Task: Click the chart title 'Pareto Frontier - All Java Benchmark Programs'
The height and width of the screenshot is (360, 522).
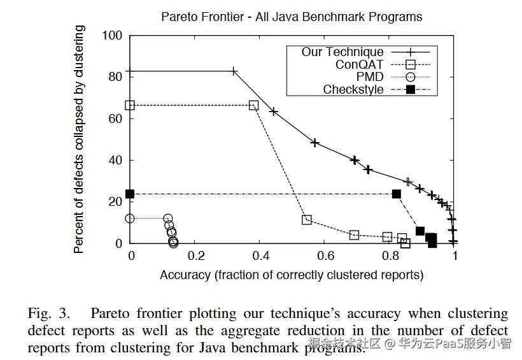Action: tap(291, 16)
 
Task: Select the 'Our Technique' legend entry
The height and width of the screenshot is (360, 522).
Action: tap(342, 52)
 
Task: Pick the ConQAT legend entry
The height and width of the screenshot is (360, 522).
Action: tap(359, 64)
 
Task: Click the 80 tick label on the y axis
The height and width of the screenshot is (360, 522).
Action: tap(115, 76)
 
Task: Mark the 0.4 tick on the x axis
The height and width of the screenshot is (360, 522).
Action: tap(261, 256)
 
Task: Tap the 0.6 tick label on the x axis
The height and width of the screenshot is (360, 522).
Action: tap(326, 256)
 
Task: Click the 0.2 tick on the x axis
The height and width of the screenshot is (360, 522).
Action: tap(196, 256)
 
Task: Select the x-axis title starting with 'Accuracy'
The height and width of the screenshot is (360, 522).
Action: tap(292, 275)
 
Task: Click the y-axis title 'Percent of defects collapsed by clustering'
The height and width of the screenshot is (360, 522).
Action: tap(79, 139)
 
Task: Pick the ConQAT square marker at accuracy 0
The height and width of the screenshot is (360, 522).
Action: tap(130, 105)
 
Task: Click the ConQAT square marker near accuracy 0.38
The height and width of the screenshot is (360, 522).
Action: tap(253, 105)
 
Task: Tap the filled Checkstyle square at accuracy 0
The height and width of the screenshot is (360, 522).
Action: tap(130, 194)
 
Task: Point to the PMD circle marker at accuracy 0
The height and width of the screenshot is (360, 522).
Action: tap(130, 219)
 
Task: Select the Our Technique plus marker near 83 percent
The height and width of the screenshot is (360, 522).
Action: tap(234, 71)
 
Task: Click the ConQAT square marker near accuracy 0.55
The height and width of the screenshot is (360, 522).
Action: tap(307, 220)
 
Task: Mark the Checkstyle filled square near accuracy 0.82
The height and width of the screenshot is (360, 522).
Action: tap(397, 194)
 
